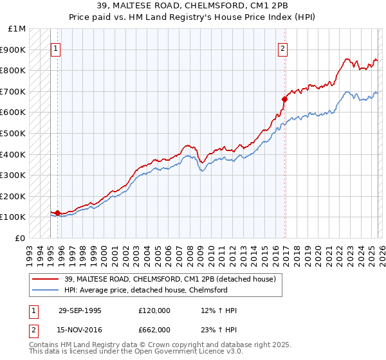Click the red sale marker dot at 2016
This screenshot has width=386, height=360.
(x=284, y=99)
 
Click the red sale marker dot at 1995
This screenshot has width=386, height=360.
(x=57, y=213)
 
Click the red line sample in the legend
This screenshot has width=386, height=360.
(x=46, y=279)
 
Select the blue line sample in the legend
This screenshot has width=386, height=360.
(x=46, y=290)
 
